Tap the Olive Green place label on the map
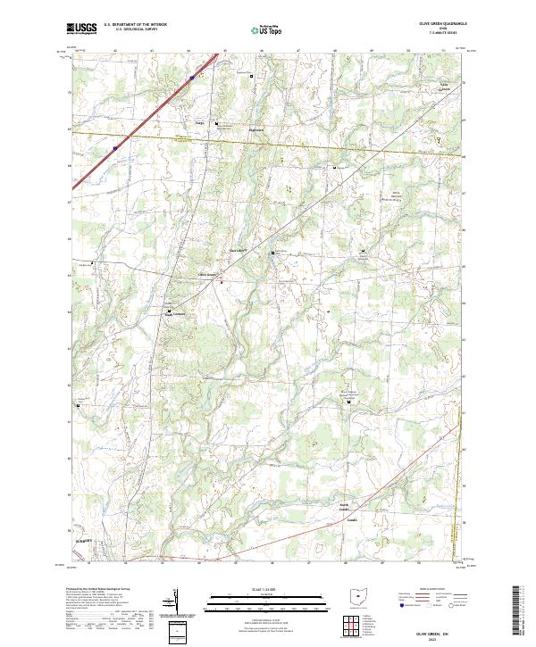[207, 273]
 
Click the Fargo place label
[200, 123]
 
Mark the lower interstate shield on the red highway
[115, 148]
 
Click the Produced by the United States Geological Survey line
[96, 590]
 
